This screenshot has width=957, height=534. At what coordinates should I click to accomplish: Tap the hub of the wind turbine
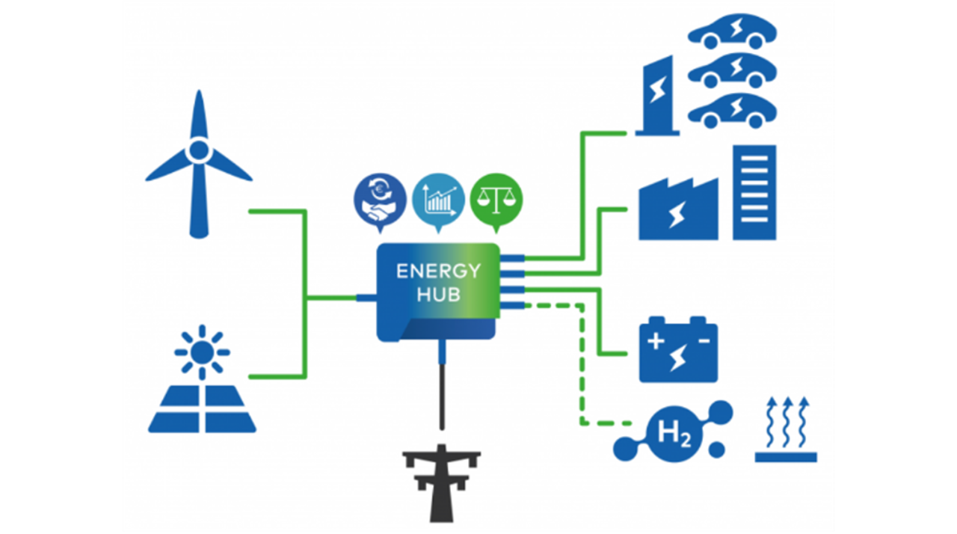pyautogui.click(x=198, y=150)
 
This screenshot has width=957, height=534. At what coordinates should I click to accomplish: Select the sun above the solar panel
pyautogui.click(x=202, y=350)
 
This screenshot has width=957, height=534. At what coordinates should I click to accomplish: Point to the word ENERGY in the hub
pyautogui.click(x=438, y=271)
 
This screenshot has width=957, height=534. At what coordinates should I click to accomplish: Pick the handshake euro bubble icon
pyautogui.click(x=380, y=200)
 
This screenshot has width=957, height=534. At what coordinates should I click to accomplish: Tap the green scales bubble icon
pyautogui.click(x=496, y=200)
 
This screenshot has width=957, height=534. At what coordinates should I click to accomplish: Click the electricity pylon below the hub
pyautogui.click(x=441, y=482)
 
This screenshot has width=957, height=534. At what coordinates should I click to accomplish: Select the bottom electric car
pyautogui.click(x=732, y=110)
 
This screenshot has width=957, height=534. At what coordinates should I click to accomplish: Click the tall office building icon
pyautogui.click(x=754, y=192)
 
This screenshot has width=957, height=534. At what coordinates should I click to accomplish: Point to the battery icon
pyautogui.click(x=678, y=352)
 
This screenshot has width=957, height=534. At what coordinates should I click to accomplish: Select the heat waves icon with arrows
pyautogui.click(x=786, y=430)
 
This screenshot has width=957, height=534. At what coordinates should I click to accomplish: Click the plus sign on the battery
pyautogui.click(x=655, y=342)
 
